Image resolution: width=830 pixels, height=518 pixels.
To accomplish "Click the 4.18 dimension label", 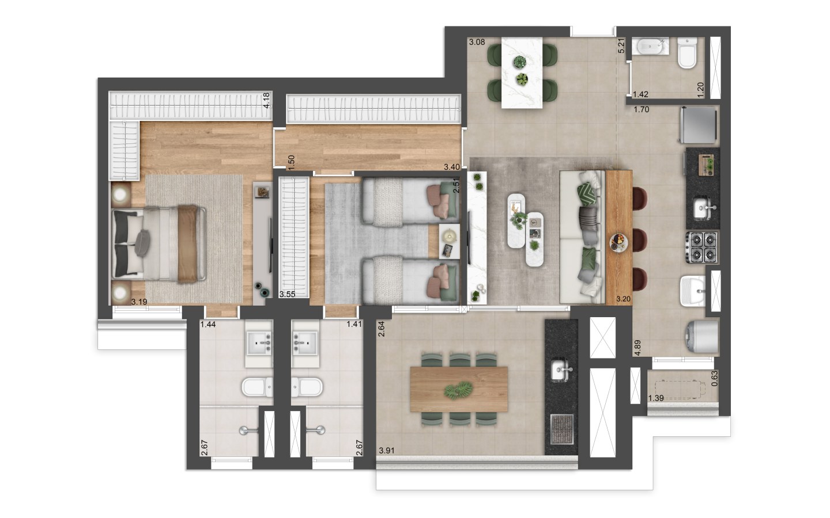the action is (x=266, y=100).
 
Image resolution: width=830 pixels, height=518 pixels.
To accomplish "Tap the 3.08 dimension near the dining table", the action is (x=477, y=42).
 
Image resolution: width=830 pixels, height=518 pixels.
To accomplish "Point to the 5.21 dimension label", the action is (x=621, y=46).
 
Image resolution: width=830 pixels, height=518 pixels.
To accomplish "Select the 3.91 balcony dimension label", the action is (x=387, y=451).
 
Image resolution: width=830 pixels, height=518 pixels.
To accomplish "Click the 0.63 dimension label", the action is (x=715, y=378).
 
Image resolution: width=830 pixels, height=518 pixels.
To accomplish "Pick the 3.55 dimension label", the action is (x=287, y=295).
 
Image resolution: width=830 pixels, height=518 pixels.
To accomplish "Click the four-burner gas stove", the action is (x=702, y=247).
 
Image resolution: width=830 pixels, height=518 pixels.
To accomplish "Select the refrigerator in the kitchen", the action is (x=697, y=125).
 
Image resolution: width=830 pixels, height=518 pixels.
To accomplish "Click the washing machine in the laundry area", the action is (x=702, y=337).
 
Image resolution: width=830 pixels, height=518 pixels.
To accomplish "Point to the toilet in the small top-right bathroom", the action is (x=687, y=53).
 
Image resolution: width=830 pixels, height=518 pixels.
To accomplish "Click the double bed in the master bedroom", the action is (x=159, y=243).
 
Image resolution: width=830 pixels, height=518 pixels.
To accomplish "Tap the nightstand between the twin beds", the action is (x=449, y=241).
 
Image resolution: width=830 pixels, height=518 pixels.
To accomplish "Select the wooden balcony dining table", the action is (x=459, y=389).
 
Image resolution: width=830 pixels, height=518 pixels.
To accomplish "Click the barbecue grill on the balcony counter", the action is (x=562, y=429).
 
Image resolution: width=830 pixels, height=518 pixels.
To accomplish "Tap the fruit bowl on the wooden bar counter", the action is (x=619, y=243).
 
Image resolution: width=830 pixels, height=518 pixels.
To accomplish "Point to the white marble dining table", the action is (x=522, y=73).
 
